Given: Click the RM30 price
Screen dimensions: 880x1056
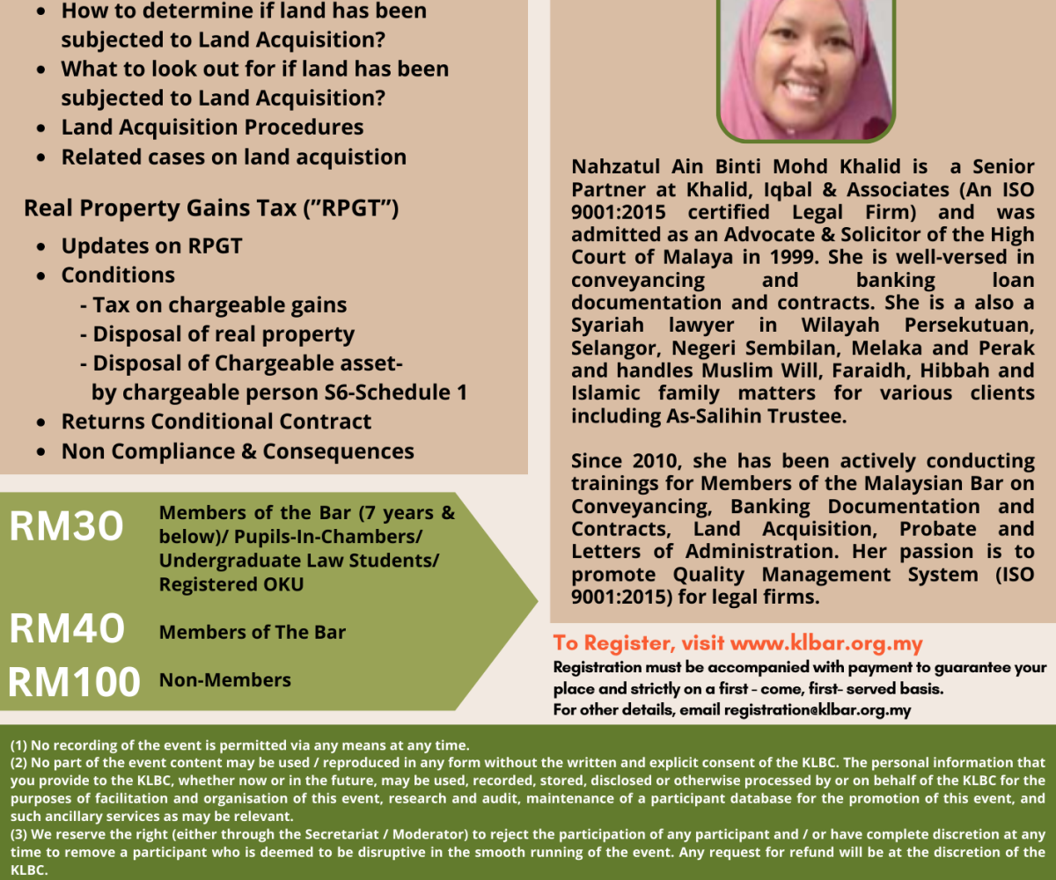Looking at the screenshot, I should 66,526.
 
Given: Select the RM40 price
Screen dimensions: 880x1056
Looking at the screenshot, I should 66,629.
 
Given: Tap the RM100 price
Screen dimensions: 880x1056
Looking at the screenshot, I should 75,682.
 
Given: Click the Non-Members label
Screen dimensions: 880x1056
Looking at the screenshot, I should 224,680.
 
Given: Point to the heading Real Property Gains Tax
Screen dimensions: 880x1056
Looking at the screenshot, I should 211,209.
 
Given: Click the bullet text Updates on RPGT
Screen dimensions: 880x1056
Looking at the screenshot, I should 151,246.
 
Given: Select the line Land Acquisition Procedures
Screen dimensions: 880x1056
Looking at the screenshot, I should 212,127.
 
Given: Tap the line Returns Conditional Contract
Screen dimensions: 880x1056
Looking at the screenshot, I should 216,422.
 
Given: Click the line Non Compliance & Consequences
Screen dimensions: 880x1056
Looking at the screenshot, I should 238,451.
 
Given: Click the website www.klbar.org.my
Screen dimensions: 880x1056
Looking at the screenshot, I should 826,643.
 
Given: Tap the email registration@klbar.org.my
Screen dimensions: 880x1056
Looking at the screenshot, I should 818,709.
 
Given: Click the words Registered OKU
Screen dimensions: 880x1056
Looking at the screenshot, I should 231,584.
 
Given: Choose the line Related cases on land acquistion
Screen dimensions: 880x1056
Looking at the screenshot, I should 233,158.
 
